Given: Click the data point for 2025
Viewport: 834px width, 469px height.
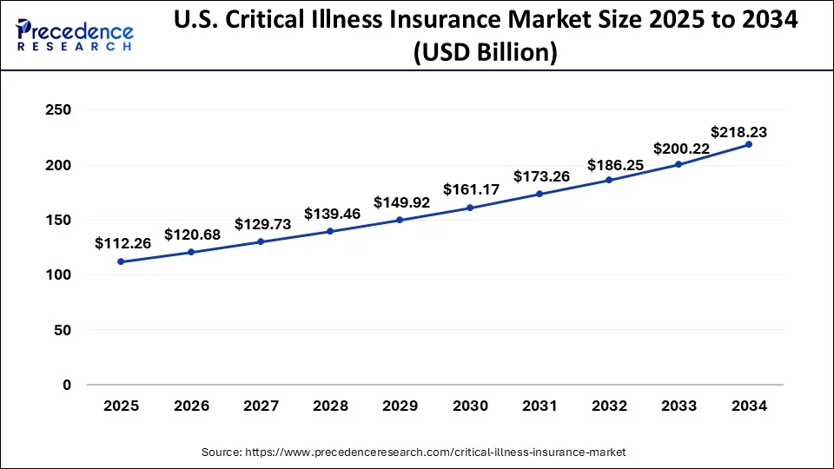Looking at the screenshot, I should point(121,261).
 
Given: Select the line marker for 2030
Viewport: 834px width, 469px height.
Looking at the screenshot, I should point(470,208).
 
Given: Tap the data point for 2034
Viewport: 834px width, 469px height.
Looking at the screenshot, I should point(749,144).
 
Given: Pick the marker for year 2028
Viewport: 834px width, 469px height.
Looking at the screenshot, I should point(330,231).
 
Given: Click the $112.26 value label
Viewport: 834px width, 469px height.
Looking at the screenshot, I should point(123,244).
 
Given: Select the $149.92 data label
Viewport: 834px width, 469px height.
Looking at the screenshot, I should point(402,202).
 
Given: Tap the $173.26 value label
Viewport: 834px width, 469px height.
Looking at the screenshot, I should point(541,176).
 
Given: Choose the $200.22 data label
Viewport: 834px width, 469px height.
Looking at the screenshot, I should point(682,149).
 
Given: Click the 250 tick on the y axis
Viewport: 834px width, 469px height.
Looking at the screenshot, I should point(58,110).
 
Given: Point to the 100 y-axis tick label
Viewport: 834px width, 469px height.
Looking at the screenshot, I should point(58,275).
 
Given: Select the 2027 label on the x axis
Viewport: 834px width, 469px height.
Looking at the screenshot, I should point(261,406).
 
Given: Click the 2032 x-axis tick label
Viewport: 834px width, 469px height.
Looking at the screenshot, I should point(609,406).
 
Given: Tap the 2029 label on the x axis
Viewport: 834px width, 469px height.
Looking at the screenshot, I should point(400,406).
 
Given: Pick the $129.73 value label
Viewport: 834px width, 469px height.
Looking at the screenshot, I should point(262,224).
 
